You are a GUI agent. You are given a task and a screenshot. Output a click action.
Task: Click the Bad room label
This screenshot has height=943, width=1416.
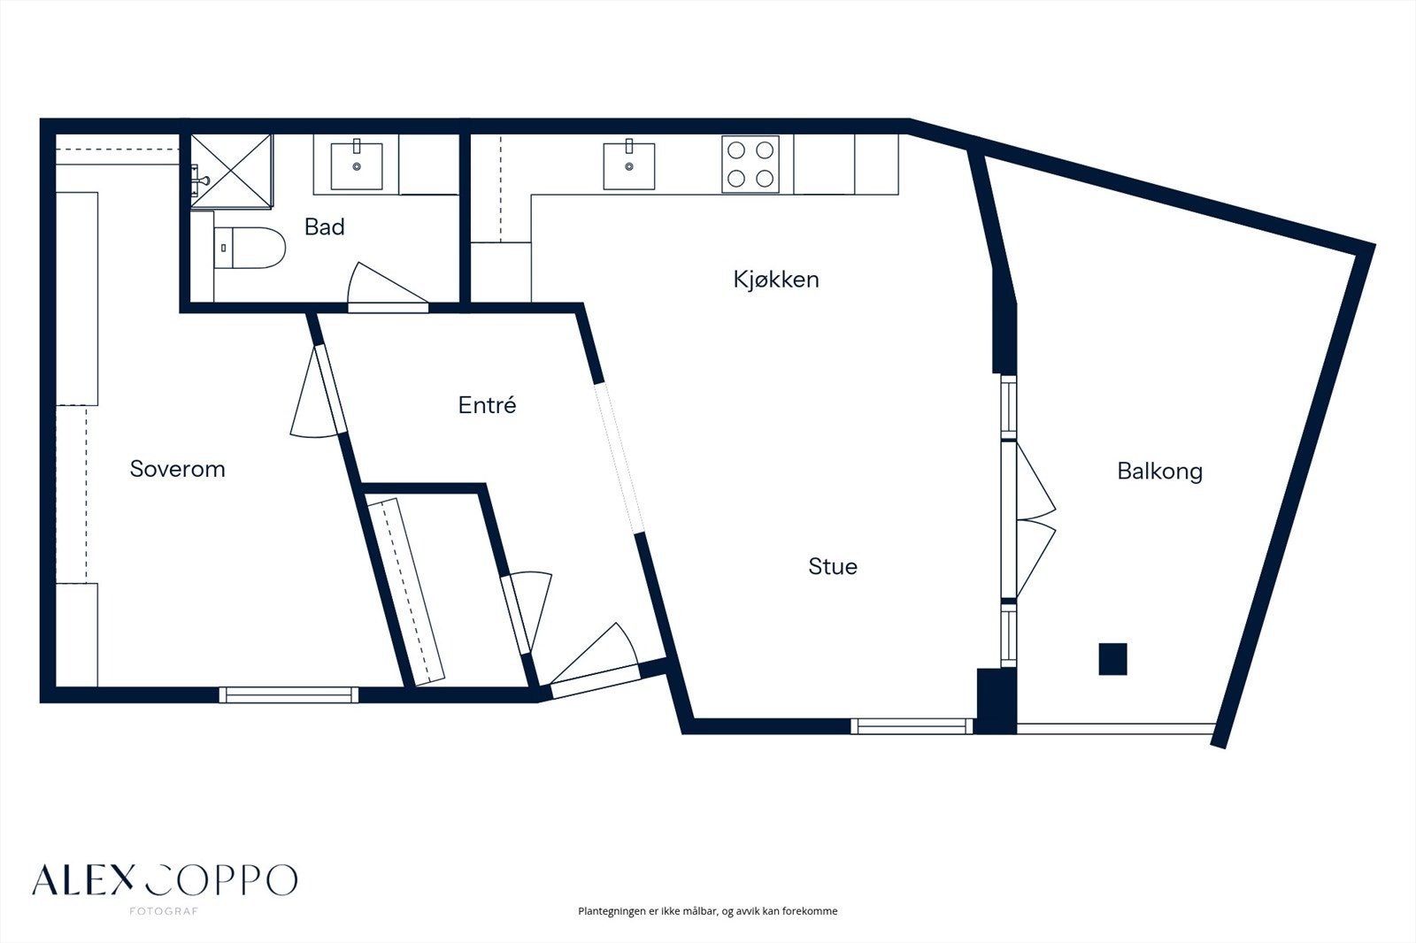324,226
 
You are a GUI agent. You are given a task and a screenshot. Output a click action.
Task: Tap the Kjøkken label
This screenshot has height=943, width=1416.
776,280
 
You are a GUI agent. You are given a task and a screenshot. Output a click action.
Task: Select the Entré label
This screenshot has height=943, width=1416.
487,404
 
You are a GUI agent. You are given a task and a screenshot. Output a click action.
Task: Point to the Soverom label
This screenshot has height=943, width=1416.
178,469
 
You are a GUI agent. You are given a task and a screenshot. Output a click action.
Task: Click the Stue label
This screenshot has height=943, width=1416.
833,566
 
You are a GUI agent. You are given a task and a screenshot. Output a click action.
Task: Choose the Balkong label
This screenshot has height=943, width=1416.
1160,471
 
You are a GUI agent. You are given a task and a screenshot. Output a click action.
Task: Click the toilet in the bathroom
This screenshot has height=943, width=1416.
249,248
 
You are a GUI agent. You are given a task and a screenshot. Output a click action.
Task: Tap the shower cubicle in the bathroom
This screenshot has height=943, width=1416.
231,171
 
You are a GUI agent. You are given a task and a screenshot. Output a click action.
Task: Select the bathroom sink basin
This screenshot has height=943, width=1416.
357,166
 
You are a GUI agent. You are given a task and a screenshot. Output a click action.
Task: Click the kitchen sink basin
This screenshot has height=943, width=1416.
629,166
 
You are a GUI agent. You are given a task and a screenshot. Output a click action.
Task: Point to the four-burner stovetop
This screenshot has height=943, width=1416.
750,165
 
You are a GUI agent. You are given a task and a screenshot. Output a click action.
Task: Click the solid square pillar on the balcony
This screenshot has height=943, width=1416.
1112,659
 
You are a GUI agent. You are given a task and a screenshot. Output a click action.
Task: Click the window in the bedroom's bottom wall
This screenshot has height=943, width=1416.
289,694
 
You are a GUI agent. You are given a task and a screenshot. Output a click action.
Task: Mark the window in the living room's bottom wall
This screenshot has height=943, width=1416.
912,726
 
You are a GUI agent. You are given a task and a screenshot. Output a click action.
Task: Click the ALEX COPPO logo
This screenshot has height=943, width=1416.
165,880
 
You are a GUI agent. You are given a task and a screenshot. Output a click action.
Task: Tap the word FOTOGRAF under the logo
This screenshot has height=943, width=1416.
164,911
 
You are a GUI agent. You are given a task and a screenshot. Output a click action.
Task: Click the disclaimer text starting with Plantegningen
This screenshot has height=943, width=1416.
707,911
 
